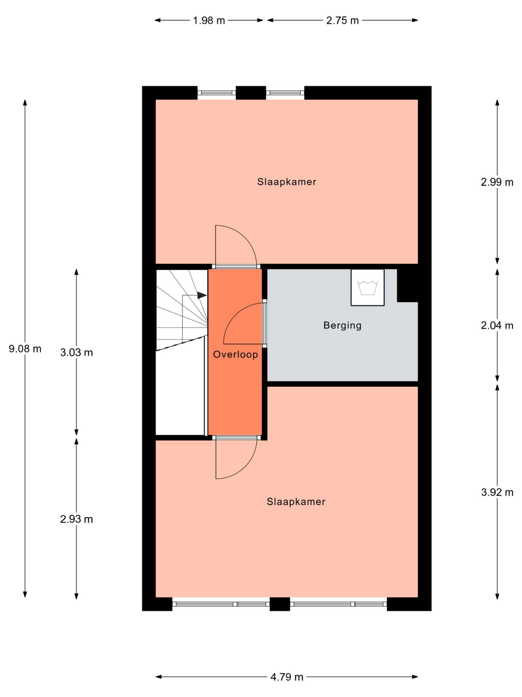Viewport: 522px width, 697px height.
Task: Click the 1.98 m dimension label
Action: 209,20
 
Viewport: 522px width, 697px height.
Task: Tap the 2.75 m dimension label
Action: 342,20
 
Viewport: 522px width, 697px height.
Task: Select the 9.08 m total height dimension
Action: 25,349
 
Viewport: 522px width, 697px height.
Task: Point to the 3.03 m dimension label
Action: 76,352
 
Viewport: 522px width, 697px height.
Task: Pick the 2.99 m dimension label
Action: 497,182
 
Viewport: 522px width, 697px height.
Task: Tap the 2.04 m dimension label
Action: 497,326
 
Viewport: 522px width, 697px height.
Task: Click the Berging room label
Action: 342,326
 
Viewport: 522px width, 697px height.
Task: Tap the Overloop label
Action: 235,354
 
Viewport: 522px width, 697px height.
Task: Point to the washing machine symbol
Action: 368,287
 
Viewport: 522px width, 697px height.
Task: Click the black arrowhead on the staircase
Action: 202,295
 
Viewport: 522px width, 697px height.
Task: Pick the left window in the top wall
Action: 216,93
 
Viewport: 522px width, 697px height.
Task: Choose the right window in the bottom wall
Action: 338,604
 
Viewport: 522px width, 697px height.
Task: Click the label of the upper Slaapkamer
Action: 287,182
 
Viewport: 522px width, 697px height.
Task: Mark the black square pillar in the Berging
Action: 408,285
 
